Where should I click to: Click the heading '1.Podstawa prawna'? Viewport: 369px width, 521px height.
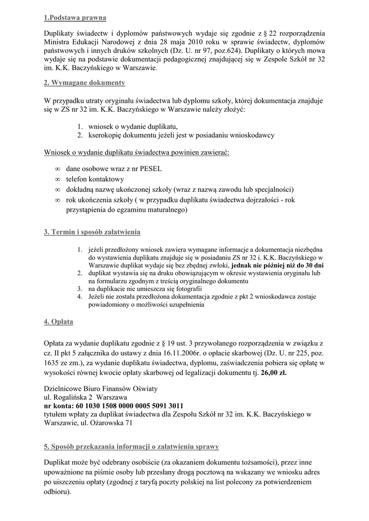(x=75, y=18)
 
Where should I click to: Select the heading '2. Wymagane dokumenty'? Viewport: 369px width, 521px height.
(x=84, y=82)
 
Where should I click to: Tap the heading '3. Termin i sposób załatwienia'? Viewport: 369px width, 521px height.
(x=92, y=232)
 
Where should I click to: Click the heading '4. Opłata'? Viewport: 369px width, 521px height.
(x=59, y=322)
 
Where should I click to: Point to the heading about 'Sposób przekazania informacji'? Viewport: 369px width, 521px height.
(x=131, y=447)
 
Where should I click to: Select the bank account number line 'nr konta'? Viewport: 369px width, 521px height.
(x=114, y=406)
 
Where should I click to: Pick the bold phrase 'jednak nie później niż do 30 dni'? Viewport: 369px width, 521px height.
(x=277, y=265)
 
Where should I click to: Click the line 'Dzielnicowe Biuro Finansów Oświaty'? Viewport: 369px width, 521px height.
(x=101, y=388)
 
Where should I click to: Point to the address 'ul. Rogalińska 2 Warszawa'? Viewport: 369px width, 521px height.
(x=86, y=397)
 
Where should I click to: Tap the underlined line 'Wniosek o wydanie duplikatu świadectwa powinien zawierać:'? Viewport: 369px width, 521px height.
(x=137, y=153)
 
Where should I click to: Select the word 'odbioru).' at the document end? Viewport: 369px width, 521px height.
(x=58, y=492)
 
